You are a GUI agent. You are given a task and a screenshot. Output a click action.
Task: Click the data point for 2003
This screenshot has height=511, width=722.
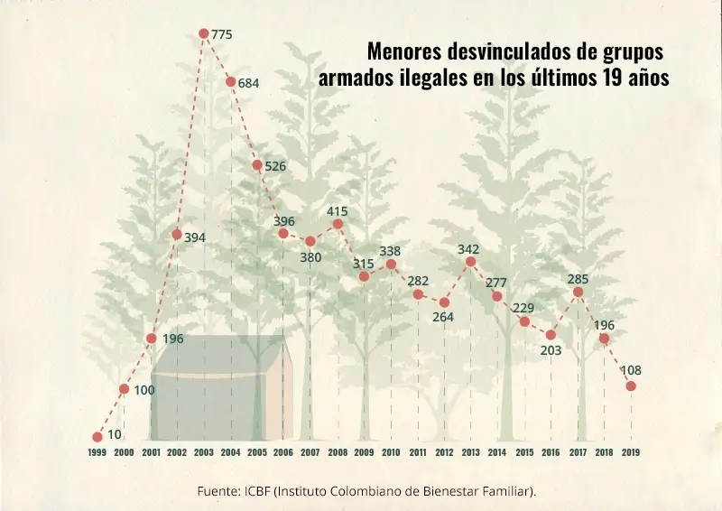point(204,33)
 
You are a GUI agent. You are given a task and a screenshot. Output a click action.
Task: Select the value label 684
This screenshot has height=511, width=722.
point(248,83)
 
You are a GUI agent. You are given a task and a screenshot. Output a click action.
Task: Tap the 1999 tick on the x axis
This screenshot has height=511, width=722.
point(97,451)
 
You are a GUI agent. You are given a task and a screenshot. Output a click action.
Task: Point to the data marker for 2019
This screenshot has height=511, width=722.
point(631,386)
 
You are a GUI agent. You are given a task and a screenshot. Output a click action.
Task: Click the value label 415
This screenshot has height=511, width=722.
point(338,211)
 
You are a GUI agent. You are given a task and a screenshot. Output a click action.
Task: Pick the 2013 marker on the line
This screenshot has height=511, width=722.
point(470,262)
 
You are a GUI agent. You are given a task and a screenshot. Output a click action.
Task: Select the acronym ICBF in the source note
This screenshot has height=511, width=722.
point(255,491)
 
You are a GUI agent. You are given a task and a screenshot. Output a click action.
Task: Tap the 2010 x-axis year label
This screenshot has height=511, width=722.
point(391,451)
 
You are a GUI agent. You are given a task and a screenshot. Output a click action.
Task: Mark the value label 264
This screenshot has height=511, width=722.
point(443,317)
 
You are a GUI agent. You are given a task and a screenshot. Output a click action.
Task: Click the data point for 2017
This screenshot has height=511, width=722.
point(578,292)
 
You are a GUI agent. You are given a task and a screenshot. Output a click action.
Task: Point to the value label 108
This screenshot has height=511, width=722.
point(631,370)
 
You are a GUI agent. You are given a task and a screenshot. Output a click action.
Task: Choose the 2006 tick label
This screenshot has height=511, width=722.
point(283,451)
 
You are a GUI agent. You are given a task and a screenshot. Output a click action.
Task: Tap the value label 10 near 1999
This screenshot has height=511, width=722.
point(115,434)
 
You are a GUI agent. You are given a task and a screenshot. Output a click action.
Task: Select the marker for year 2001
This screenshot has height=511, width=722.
point(151,339)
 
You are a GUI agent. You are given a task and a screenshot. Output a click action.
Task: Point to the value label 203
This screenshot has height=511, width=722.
point(551,351)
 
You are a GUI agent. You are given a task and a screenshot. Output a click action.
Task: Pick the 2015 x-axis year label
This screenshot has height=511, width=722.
point(523,451)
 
